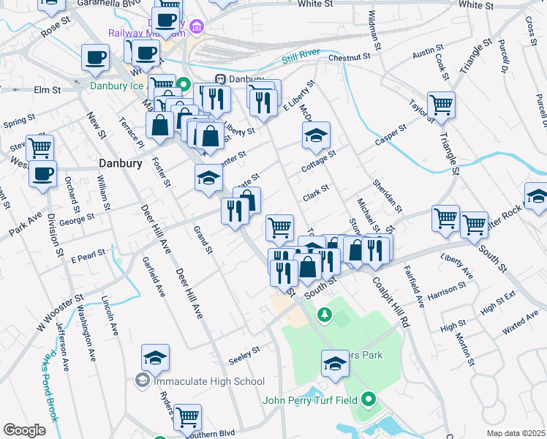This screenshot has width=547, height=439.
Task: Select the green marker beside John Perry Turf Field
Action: pos(369,400)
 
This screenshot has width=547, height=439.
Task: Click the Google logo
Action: pos(25,430)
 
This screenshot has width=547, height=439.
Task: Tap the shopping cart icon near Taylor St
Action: pos(441,105)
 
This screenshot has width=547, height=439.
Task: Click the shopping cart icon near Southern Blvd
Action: pos(188,416)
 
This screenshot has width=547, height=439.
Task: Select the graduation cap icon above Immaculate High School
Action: pos(155,357)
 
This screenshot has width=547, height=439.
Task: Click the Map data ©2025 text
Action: pos(516,433)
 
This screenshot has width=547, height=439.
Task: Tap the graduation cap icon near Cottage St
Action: pos(316,135)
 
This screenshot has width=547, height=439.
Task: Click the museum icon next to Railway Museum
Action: pos(196,27)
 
